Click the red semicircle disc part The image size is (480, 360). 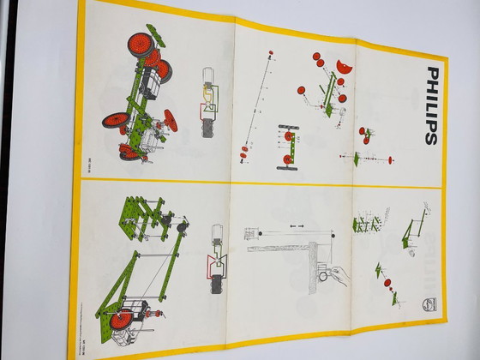tap(345, 66)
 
